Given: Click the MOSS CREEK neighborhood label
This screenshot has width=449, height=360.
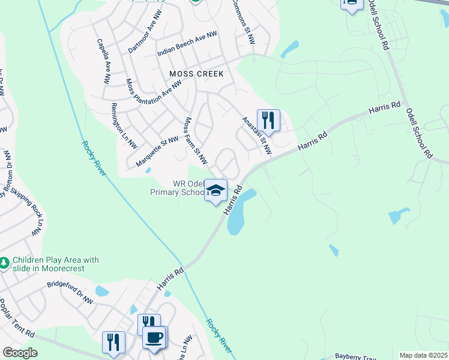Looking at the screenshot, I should [196, 74].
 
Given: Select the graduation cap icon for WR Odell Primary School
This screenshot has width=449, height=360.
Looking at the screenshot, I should [216, 190].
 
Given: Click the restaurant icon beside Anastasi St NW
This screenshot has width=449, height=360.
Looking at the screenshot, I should [268, 119].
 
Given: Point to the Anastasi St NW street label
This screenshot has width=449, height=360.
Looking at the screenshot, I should [257, 136].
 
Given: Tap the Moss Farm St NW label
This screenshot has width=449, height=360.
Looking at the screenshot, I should [196, 141].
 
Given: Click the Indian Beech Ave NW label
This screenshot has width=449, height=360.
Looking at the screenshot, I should [187, 44].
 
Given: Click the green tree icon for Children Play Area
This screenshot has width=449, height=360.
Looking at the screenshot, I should [4, 263].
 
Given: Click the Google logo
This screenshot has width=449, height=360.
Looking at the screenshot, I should [20, 353].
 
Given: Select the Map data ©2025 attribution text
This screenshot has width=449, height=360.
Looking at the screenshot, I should [423, 355].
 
